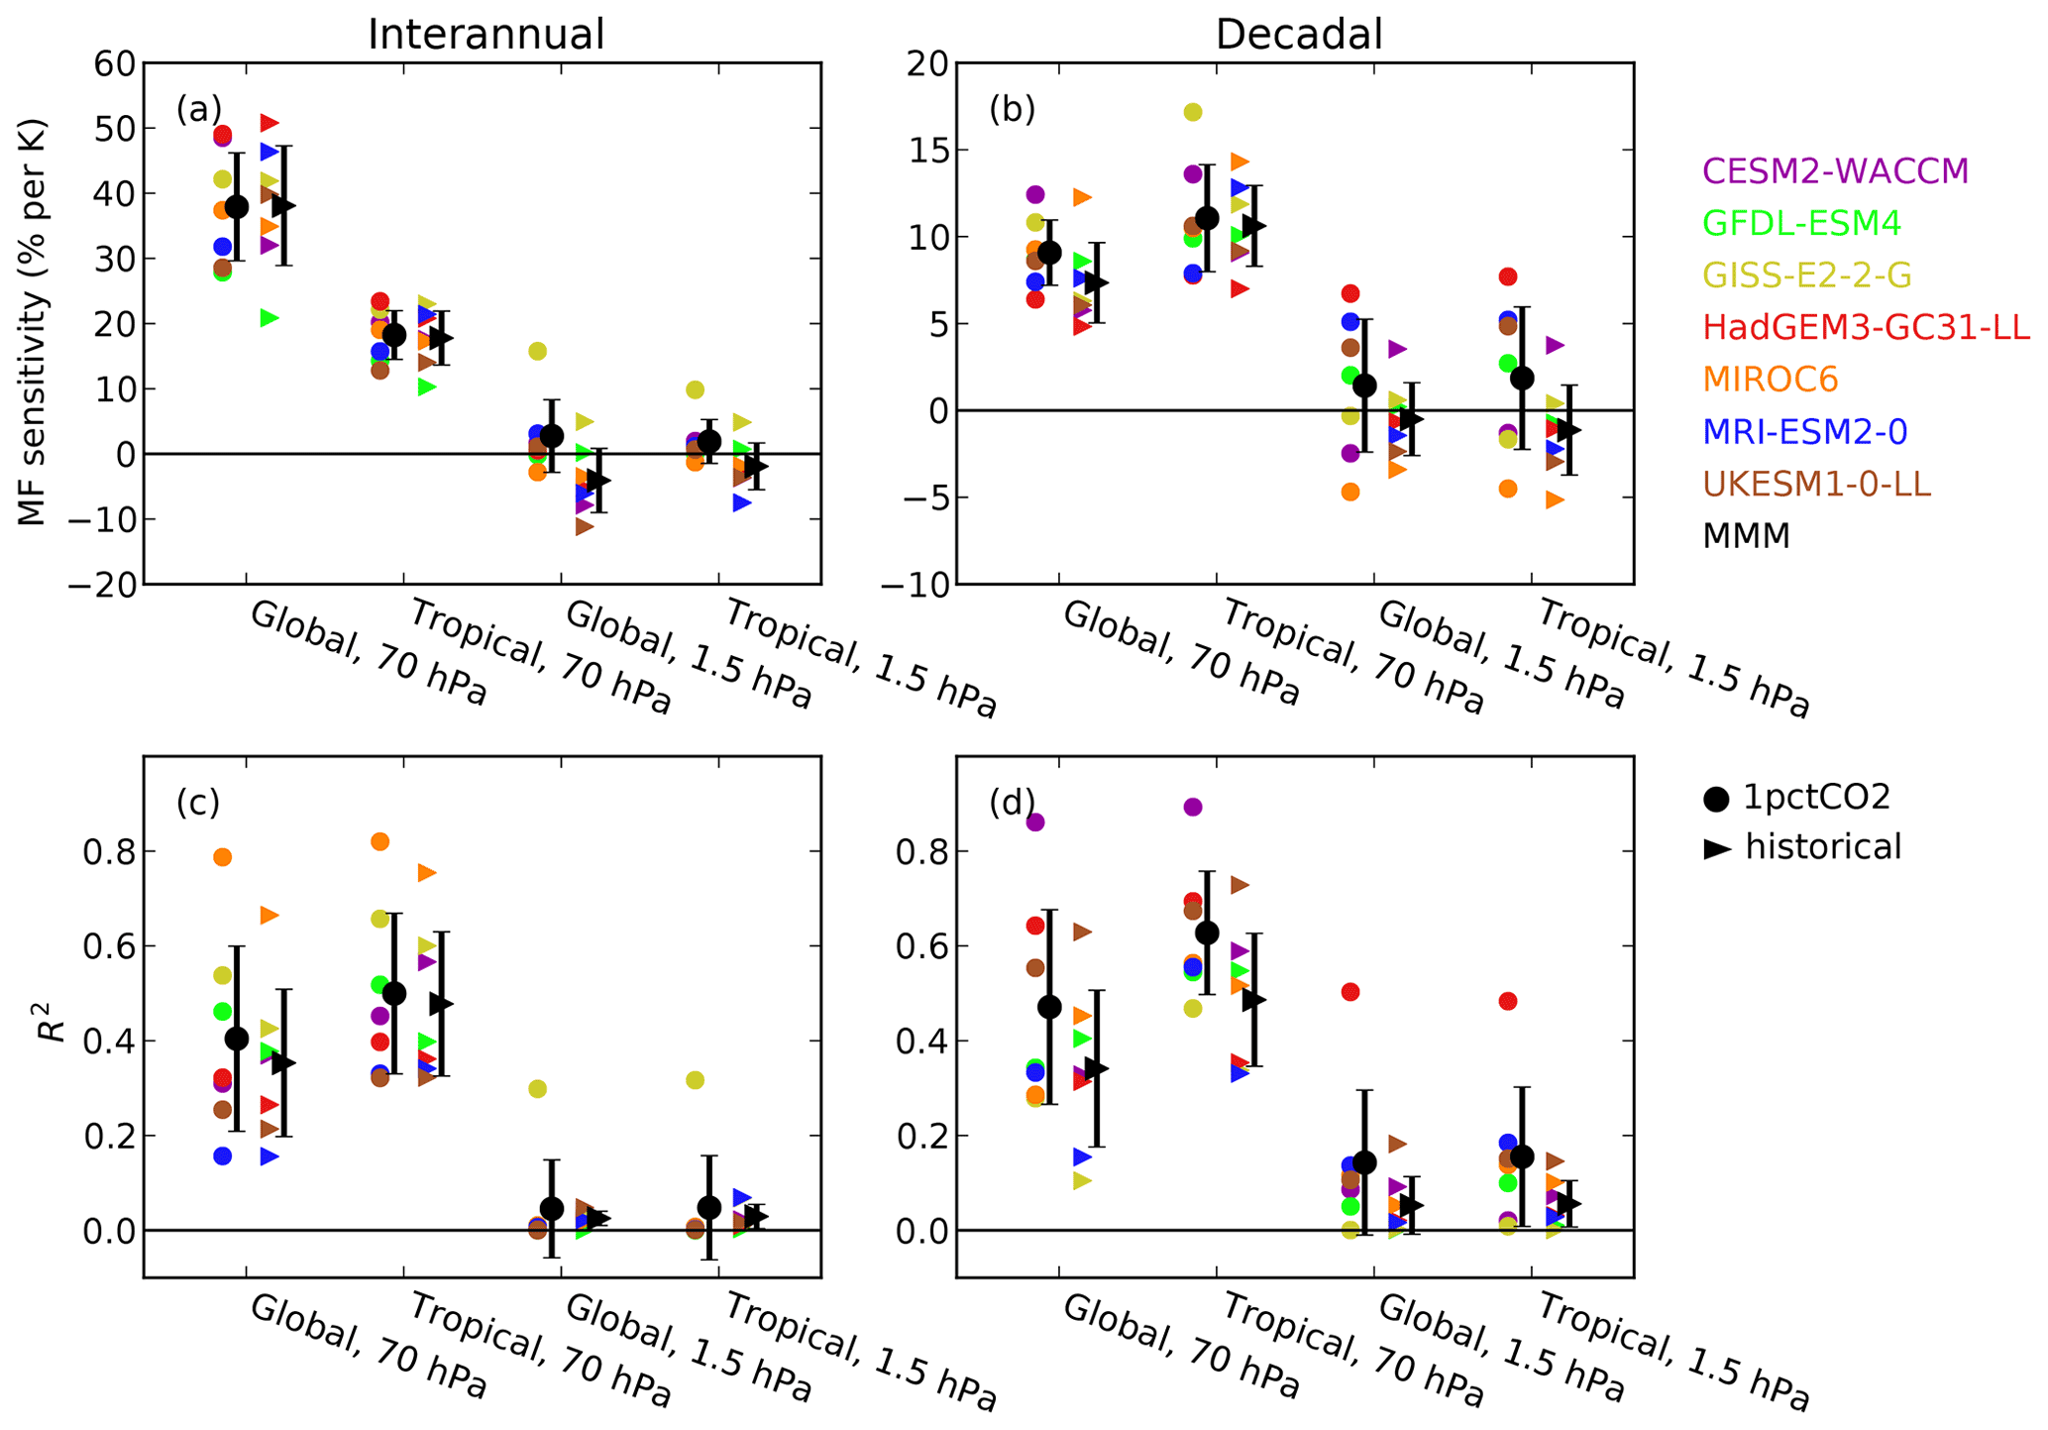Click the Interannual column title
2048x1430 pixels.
coord(485,35)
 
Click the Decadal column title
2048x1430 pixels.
coord(1298,35)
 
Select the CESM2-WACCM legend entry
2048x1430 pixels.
coord(1835,171)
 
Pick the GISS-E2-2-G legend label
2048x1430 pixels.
coord(1806,275)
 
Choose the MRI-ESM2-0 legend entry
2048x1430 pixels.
coord(1804,431)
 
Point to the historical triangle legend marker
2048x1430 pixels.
coord(1717,848)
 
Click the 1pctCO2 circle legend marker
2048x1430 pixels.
coord(1716,798)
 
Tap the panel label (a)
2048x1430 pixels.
coord(198,109)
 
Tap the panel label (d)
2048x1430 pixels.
coord(1012,803)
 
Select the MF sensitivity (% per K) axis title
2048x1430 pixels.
coord(32,323)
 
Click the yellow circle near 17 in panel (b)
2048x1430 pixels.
coord(1192,112)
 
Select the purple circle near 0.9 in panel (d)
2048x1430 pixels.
coord(1193,807)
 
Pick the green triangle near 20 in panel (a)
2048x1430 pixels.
coord(269,318)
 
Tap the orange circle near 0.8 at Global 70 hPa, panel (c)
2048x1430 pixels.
coord(222,857)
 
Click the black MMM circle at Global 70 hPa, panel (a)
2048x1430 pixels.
coord(237,207)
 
